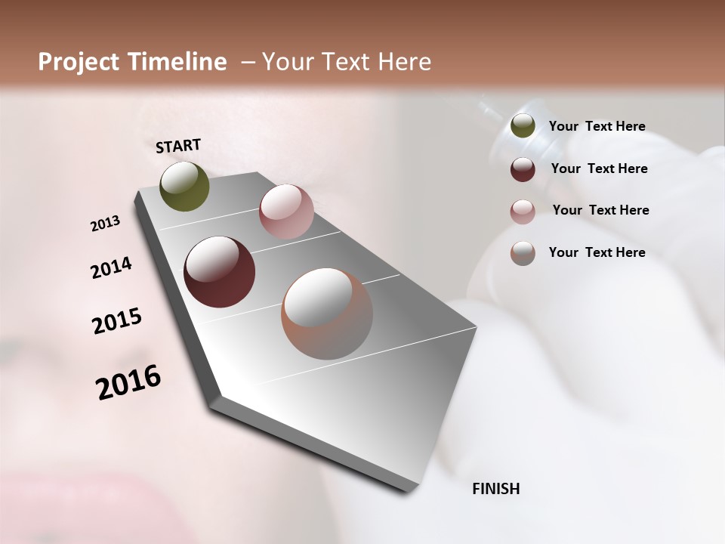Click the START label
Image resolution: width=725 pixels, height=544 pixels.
(178, 145)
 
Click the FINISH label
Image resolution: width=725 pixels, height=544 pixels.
(495, 489)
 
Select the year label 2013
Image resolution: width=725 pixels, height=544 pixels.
(105, 224)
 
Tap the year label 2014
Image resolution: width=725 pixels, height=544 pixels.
(111, 268)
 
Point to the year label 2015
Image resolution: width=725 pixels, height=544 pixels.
(116, 321)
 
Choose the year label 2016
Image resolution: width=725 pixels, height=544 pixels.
(128, 382)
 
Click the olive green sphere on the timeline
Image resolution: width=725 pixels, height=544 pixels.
(184, 186)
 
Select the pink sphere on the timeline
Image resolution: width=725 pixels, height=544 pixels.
(286, 212)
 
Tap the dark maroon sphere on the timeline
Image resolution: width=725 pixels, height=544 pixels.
(219, 272)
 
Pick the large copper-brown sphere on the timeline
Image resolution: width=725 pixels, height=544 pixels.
(327, 314)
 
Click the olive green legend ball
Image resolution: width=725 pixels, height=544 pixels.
(523, 126)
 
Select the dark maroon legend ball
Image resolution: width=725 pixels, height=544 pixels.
(523, 168)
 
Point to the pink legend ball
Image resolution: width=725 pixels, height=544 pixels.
(523, 211)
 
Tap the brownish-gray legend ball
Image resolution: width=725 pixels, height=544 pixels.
(523, 252)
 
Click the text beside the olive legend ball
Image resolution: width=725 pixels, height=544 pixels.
(597, 126)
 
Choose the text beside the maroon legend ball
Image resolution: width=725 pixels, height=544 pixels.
(599, 168)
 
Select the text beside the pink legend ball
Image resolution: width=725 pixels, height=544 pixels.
(600, 210)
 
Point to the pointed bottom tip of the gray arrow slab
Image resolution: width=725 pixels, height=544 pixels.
(408, 491)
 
